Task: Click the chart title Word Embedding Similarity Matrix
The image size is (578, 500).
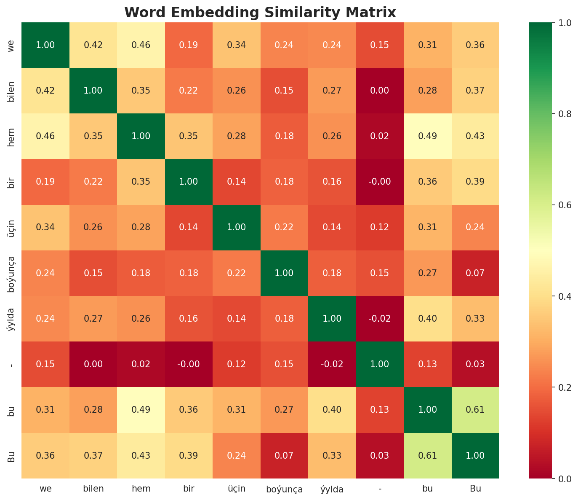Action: click(x=260, y=13)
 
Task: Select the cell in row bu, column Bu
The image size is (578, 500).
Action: click(x=475, y=410)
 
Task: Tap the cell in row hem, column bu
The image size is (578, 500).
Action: click(x=427, y=136)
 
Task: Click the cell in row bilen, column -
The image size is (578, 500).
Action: click(x=380, y=91)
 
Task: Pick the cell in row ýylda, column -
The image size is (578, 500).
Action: click(x=380, y=319)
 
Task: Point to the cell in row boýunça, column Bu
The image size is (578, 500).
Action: click(x=475, y=273)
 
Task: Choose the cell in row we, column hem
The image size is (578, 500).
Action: click(x=141, y=45)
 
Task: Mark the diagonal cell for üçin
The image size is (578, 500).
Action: click(x=237, y=227)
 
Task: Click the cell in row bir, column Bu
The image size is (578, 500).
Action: click(x=475, y=182)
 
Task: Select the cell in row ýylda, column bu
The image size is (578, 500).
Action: click(x=427, y=319)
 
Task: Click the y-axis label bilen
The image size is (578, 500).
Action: click(x=11, y=91)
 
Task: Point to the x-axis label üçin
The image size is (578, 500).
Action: click(x=237, y=489)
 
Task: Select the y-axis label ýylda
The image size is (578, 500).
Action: click(x=11, y=319)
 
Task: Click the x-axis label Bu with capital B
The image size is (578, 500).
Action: click(x=475, y=489)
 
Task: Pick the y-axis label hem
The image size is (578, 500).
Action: click(x=11, y=136)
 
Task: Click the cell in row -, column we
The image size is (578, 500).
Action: click(x=45, y=364)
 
